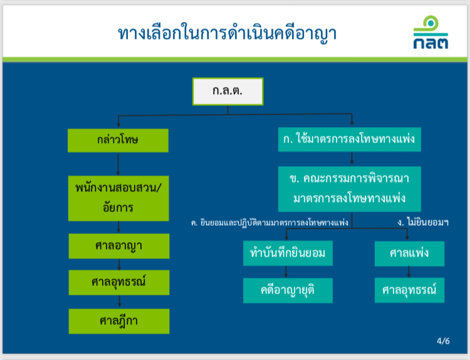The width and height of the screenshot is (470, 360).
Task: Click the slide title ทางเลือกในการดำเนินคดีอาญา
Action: pyautogui.click(x=227, y=33)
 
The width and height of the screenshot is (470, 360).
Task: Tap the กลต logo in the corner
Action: pyautogui.click(x=431, y=32)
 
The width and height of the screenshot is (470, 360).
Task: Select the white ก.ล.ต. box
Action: pyautogui.click(x=228, y=92)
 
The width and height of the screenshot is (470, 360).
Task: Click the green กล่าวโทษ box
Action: pyautogui.click(x=118, y=140)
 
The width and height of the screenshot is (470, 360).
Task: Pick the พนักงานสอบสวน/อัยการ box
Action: pyautogui.click(x=118, y=198)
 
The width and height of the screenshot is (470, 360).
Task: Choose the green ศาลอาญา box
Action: pyautogui.click(x=119, y=246)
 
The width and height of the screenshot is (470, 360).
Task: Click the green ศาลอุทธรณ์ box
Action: pyautogui.click(x=119, y=282)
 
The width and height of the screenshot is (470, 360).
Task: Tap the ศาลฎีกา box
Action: pyautogui.click(x=119, y=321)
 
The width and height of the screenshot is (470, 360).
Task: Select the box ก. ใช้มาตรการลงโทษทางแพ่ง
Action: pyautogui.click(x=350, y=139)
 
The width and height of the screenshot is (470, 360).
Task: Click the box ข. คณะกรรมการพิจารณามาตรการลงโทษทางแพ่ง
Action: pyautogui.click(x=350, y=189)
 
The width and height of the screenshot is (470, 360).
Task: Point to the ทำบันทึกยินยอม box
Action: pyautogui.click(x=288, y=253)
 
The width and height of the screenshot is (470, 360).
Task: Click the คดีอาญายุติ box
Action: pyautogui.click(x=288, y=290)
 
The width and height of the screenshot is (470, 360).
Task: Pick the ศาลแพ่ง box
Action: pyautogui.click(x=409, y=253)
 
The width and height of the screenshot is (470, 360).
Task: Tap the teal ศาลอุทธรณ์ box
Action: pyautogui.click(x=409, y=290)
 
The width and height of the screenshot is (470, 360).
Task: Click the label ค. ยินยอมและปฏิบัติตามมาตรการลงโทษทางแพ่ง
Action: pyautogui.click(x=269, y=223)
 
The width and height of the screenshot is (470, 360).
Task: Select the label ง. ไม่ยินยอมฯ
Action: pyautogui.click(x=423, y=222)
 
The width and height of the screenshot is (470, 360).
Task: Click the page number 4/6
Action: pyautogui.click(x=443, y=341)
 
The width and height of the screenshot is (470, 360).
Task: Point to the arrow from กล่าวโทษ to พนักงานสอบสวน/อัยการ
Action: pyautogui.click(x=118, y=164)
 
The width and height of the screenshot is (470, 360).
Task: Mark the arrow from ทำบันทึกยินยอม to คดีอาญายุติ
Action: pyautogui.click(x=286, y=272)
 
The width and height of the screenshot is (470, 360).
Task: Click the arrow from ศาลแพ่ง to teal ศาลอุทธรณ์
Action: pyautogui.click(x=409, y=272)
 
